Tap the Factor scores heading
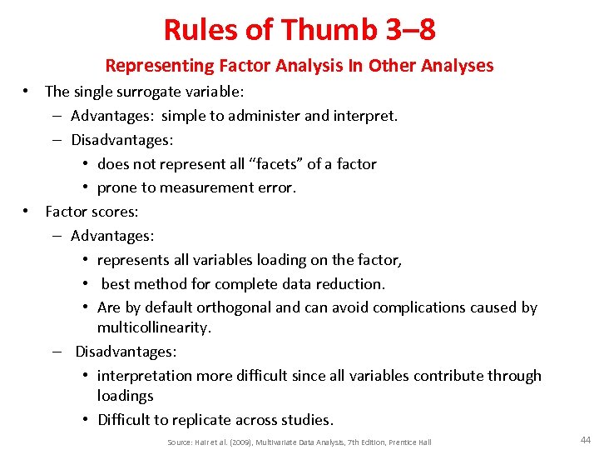(92, 212)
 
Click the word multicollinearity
(154, 327)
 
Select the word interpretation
(146, 376)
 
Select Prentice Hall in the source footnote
(408, 442)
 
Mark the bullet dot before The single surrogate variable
(27, 92)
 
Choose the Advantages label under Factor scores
(112, 236)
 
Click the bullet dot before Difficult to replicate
(87, 420)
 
